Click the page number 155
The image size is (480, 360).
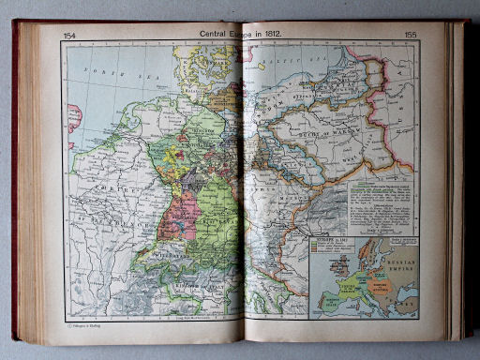tap(409, 36)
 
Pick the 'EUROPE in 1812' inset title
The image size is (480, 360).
tap(334, 243)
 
